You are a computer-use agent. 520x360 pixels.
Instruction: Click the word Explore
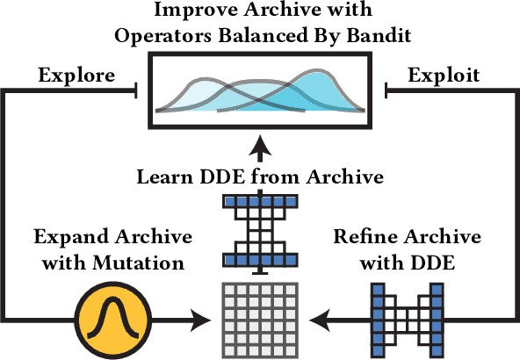click(x=76, y=75)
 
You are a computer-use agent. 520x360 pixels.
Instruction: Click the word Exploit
click(x=444, y=75)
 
